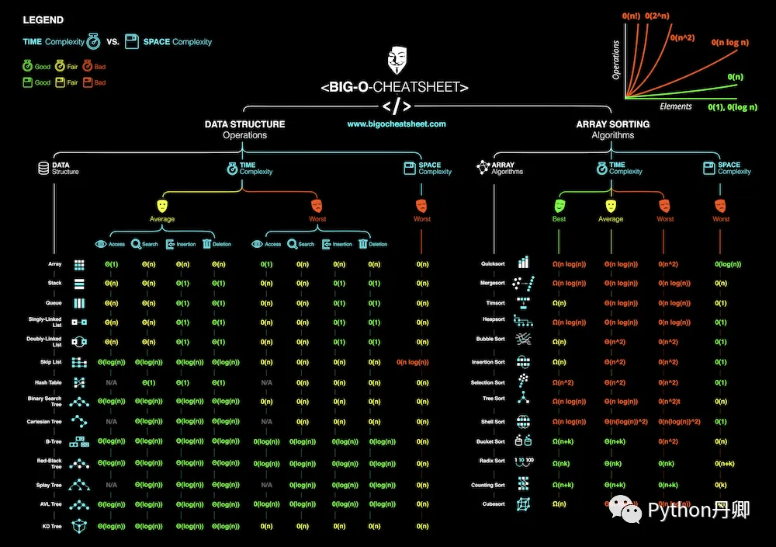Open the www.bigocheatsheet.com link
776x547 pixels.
397,124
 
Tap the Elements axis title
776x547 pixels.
675,106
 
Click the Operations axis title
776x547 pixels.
616,60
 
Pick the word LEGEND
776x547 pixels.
43,20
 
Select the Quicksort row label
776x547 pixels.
493,263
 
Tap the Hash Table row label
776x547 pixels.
48,382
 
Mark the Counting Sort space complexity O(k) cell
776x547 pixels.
722,484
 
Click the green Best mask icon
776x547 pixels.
559,205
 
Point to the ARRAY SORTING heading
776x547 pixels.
612,124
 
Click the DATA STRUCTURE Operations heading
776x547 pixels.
244,129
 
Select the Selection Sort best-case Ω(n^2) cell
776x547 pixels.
563,382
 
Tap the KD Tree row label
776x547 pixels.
50,526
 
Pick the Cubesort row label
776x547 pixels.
493,503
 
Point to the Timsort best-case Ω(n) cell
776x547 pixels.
559,303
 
